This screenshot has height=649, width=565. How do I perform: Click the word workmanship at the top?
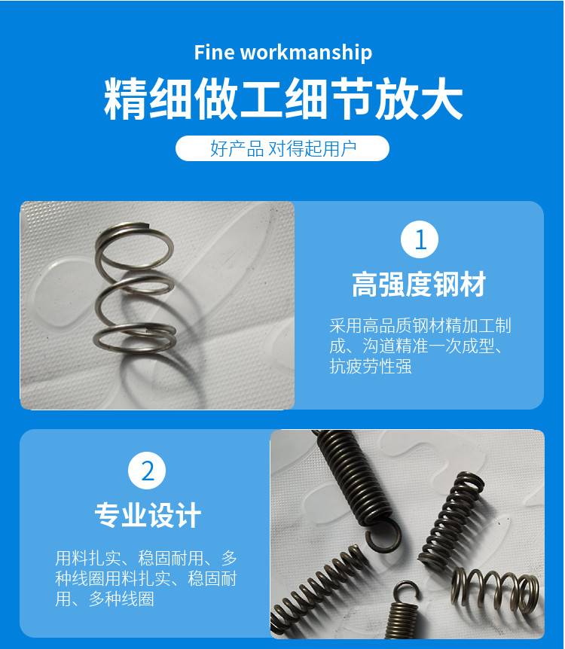(x=306, y=53)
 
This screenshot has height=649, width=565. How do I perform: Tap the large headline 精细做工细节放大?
(x=283, y=99)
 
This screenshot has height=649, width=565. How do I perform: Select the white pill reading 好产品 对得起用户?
(x=282, y=148)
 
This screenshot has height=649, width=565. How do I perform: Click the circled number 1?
(x=420, y=239)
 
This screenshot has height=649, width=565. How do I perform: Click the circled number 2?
(x=147, y=471)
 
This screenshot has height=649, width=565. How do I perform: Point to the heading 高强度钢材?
(x=419, y=285)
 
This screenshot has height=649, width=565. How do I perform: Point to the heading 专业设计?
(x=148, y=515)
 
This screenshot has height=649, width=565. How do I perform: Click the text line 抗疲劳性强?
(x=371, y=367)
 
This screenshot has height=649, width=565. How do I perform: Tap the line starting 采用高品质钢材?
(x=420, y=326)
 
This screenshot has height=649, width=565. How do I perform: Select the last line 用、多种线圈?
(x=105, y=599)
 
